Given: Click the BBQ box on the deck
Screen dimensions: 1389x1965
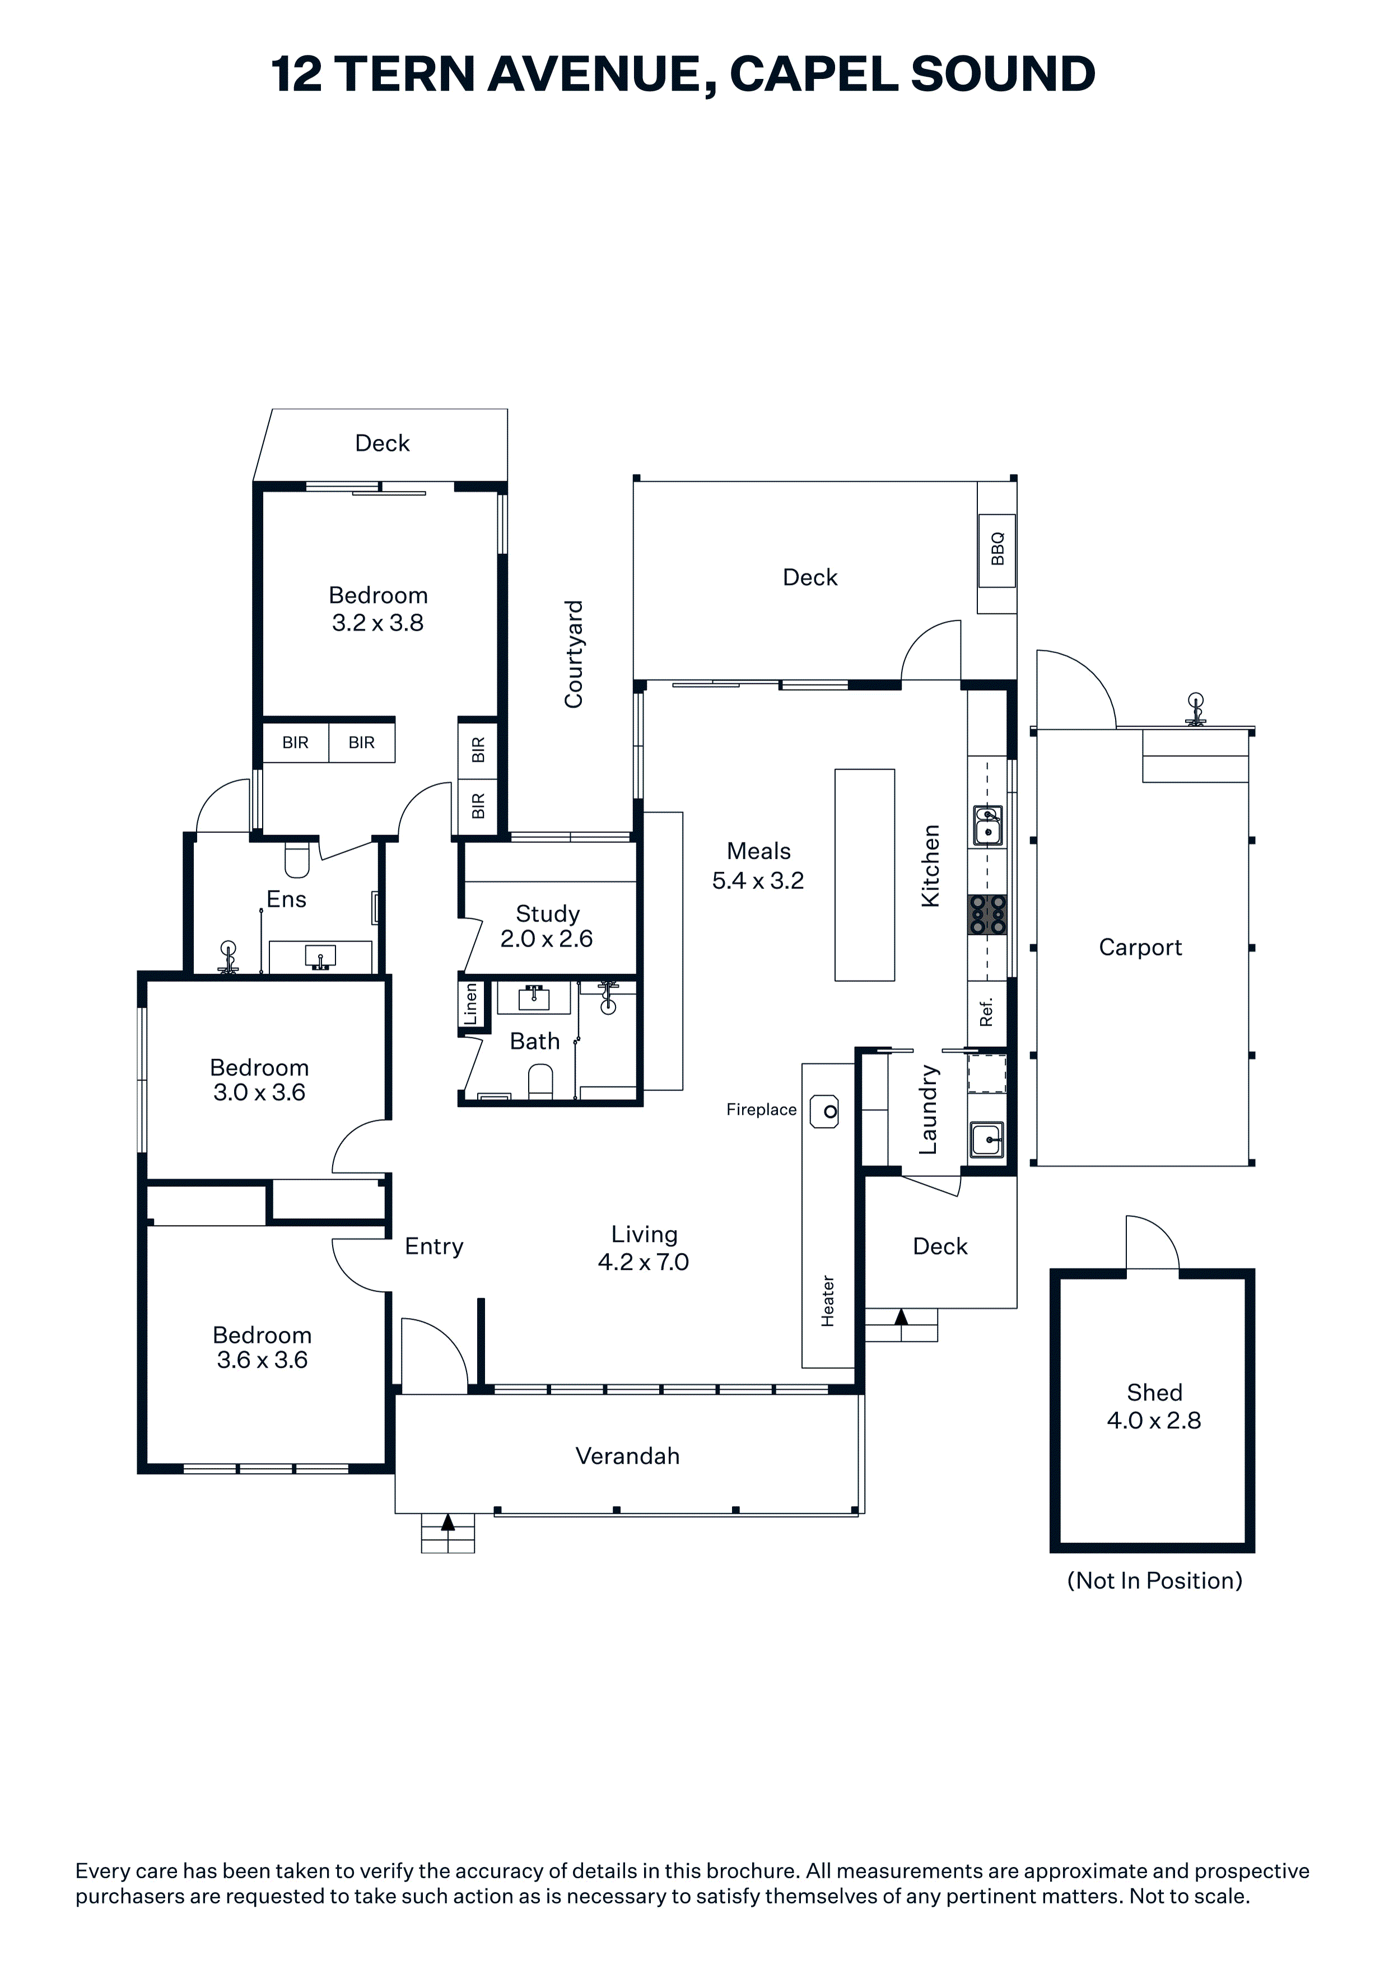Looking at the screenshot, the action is click(996, 550).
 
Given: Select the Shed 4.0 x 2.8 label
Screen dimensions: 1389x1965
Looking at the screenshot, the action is click(1154, 1406).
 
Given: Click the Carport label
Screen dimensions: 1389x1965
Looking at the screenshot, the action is click(1140, 947).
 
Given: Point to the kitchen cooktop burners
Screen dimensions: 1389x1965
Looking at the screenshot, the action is click(987, 914).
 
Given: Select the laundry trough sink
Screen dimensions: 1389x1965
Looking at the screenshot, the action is click(987, 1139).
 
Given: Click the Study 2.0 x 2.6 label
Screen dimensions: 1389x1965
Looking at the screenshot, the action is click(547, 926).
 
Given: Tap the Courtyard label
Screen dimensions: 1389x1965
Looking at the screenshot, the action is click(574, 654).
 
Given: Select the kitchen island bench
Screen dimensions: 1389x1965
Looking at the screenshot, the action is click(864, 874).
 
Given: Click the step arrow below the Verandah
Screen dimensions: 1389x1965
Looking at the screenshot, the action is click(448, 1522).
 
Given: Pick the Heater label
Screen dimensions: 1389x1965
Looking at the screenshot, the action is click(828, 1301).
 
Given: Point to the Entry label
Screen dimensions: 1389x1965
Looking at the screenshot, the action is click(434, 1246).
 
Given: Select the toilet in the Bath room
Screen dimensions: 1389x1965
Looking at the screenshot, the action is click(540, 1081).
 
